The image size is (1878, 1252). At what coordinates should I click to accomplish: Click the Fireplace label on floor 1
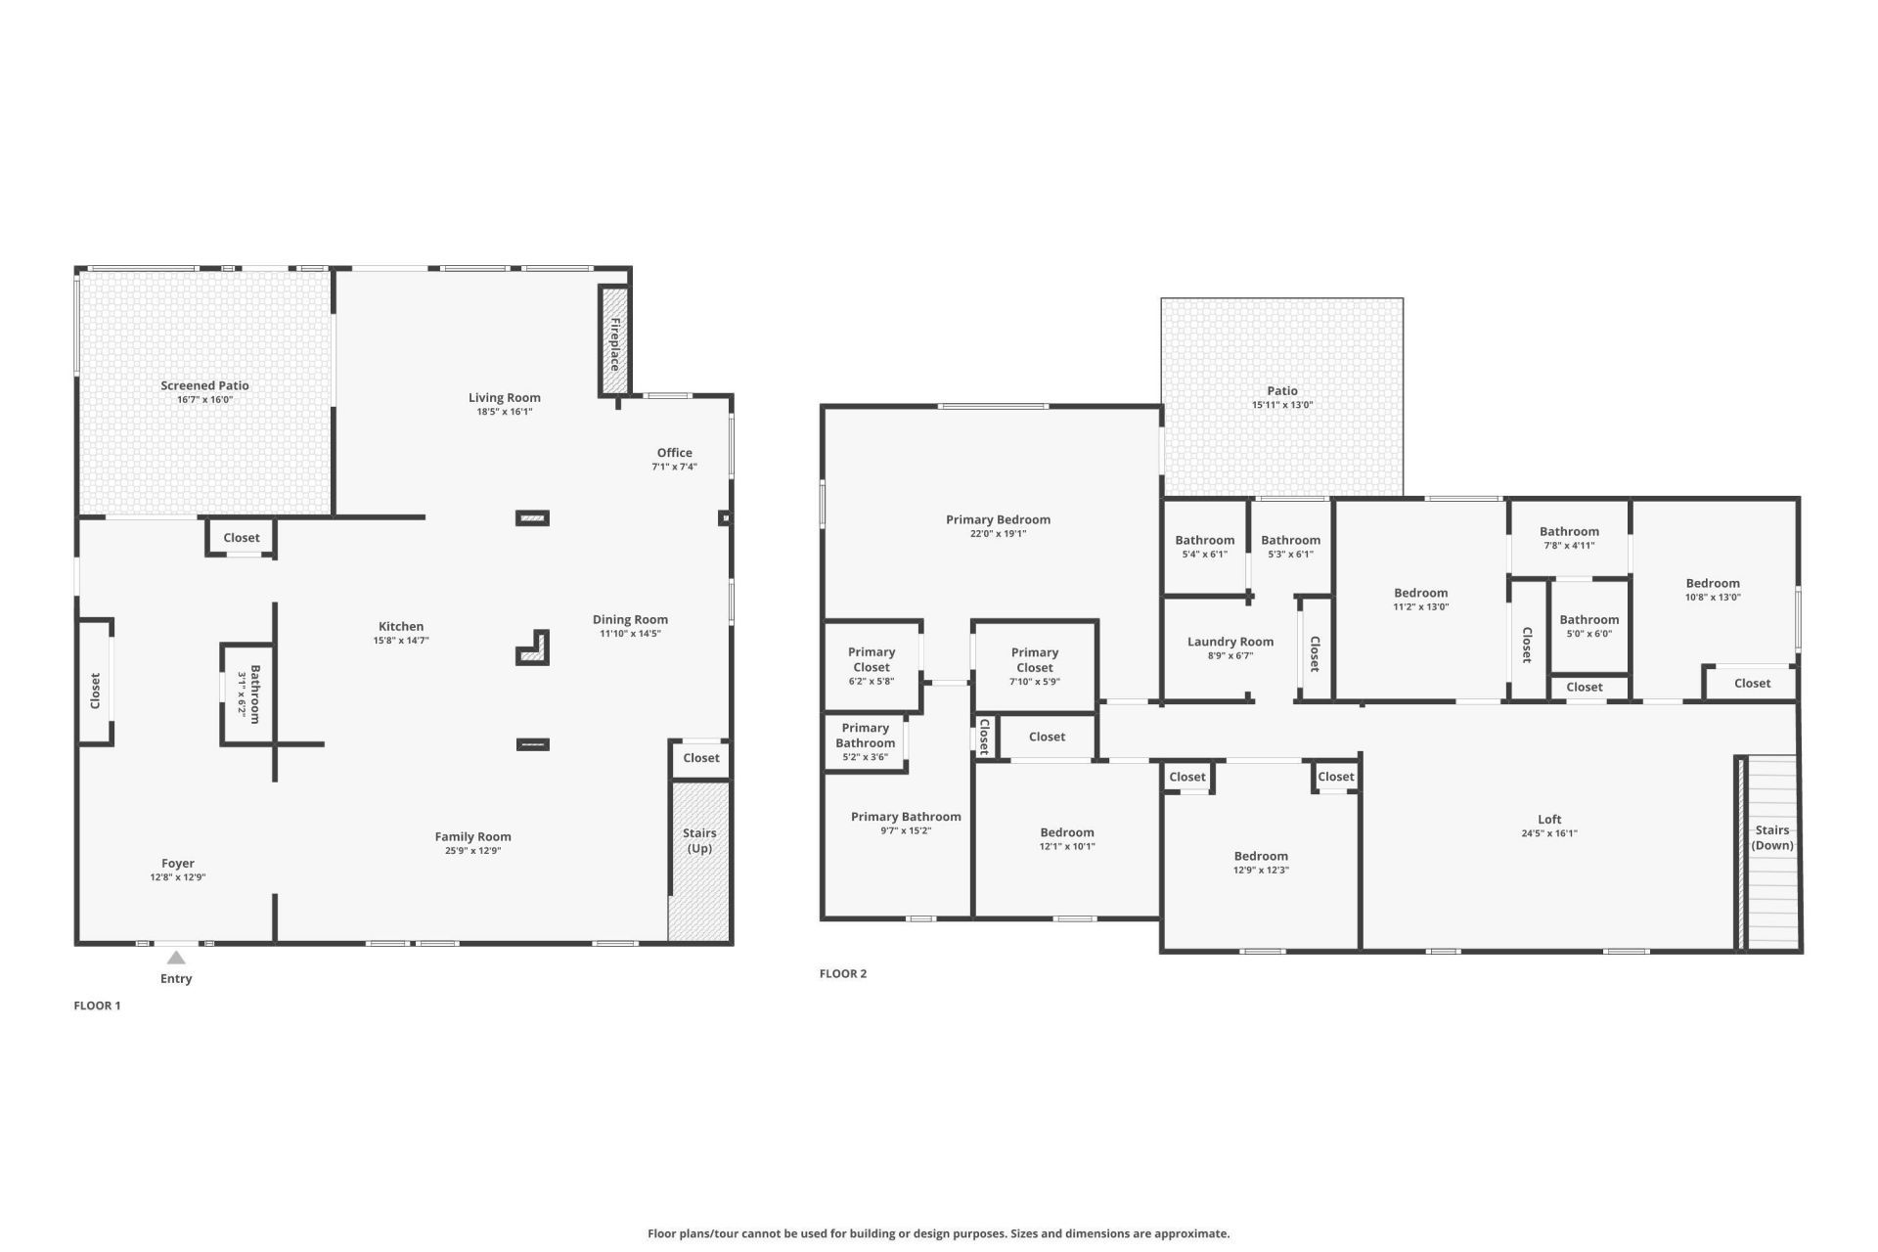pyautogui.click(x=614, y=343)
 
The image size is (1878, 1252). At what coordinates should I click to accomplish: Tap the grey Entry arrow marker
pyautogui.click(x=176, y=958)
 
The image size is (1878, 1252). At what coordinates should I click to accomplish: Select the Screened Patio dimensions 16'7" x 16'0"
pyautogui.click(x=205, y=400)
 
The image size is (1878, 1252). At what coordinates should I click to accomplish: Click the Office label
pyautogui.click(x=674, y=453)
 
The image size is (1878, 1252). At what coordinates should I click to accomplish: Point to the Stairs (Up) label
pyautogui.click(x=699, y=840)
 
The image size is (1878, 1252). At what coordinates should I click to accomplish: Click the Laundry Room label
pyautogui.click(x=1230, y=642)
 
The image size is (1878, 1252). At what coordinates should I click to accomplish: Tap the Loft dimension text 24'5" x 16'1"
pyautogui.click(x=1549, y=834)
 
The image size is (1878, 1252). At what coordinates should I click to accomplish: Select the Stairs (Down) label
pyautogui.click(x=1771, y=837)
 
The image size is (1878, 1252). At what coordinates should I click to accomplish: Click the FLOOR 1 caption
pyautogui.click(x=97, y=1006)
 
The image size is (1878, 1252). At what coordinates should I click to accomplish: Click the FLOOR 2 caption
pyautogui.click(x=843, y=973)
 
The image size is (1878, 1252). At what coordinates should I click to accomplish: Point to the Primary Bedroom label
pyautogui.click(x=998, y=519)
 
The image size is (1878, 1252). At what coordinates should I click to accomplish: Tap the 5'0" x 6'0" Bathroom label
pyautogui.click(x=1588, y=619)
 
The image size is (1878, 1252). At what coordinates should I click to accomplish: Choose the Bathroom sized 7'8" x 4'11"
pyautogui.click(x=1569, y=532)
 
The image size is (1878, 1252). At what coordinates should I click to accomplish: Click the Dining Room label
pyautogui.click(x=630, y=619)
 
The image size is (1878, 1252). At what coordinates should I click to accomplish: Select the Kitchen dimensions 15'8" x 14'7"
pyautogui.click(x=401, y=641)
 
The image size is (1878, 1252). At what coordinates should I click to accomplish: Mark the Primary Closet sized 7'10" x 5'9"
pyautogui.click(x=1035, y=659)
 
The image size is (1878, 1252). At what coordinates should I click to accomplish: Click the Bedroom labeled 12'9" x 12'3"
pyautogui.click(x=1261, y=856)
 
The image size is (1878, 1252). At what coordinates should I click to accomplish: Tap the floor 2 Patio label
pyautogui.click(x=1282, y=390)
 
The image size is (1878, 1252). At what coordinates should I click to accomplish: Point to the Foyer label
pyautogui.click(x=178, y=864)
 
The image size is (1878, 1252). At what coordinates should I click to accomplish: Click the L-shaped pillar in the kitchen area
pyautogui.click(x=535, y=648)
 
